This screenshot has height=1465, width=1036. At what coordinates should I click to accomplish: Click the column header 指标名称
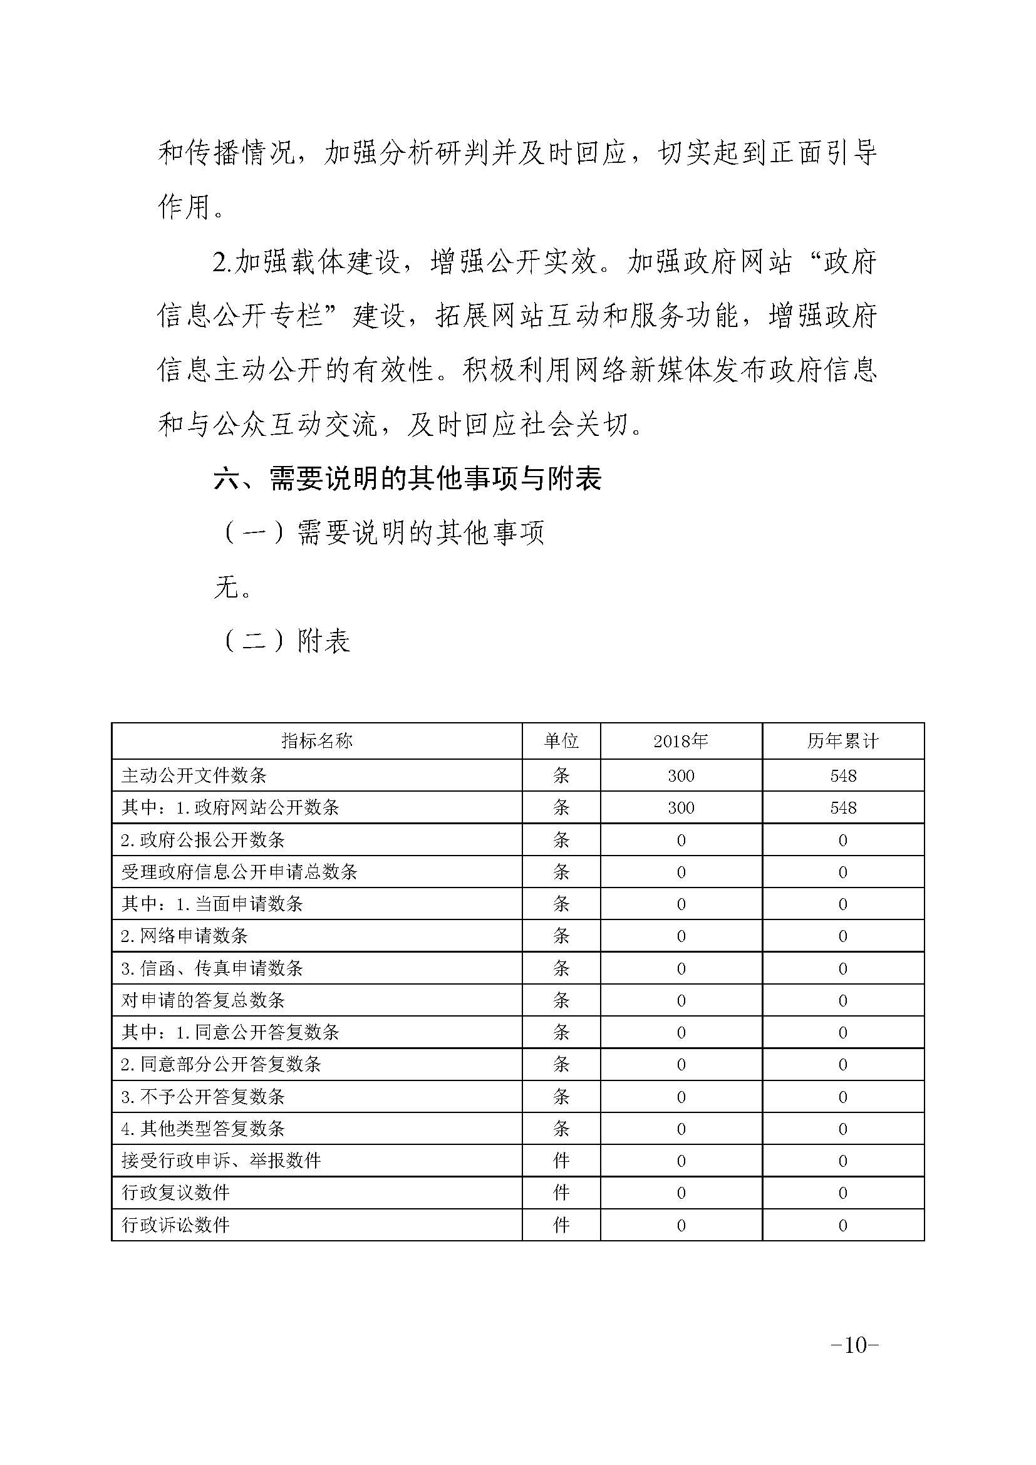(316, 741)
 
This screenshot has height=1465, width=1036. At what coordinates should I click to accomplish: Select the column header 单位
(561, 741)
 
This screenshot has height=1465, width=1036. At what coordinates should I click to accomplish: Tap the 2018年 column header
(681, 741)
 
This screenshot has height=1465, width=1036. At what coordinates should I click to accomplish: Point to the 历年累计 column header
(842, 741)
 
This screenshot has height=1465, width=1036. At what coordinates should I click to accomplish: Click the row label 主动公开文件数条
(194, 775)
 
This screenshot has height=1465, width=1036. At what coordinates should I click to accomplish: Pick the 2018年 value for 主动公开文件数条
(681, 776)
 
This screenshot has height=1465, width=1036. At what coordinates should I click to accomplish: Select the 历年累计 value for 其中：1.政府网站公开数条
(842, 808)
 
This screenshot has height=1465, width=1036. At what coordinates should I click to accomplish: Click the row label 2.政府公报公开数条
(203, 840)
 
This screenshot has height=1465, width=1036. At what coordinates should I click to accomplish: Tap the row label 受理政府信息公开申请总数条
(239, 872)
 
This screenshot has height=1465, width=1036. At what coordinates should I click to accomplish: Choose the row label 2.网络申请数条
(184, 936)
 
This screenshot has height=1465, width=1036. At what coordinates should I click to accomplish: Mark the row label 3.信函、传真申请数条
(212, 968)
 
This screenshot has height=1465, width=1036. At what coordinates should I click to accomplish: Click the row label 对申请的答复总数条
(203, 1000)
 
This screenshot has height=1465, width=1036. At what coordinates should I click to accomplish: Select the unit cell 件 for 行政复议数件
(561, 1193)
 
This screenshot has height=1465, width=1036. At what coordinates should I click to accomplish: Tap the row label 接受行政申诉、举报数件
(220, 1161)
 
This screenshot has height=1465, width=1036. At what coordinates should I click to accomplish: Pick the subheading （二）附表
(284, 641)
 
